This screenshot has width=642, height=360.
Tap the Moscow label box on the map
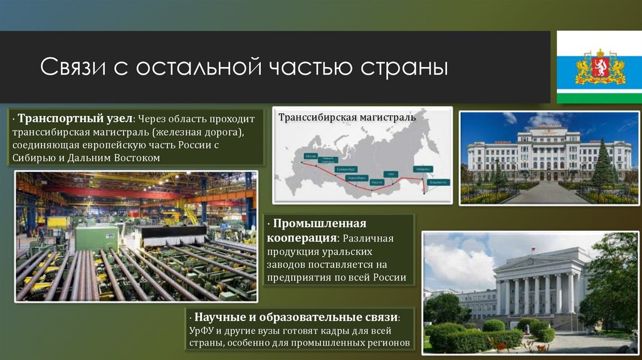(x=310, y=155)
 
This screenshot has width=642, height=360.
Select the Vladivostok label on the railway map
(x=439, y=182)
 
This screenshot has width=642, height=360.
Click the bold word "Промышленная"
(x=319, y=225)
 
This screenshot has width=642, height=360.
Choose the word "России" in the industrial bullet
(x=390, y=277)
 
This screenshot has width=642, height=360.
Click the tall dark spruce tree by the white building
(x=603, y=164)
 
